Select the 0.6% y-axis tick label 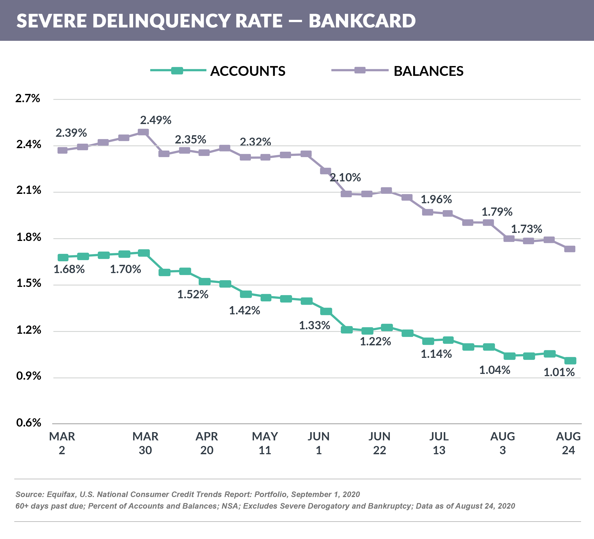tap(28, 423)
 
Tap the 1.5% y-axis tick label tap(28, 283)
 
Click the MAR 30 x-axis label tap(145, 443)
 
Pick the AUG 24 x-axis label tap(568, 443)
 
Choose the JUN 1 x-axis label tap(318, 443)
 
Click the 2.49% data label tap(156, 120)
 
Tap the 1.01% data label tap(559, 372)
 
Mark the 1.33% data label tap(314, 325)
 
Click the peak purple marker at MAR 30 tap(143, 132)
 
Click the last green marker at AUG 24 tap(570, 361)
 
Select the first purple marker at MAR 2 tap(62, 150)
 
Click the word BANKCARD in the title tap(362, 21)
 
